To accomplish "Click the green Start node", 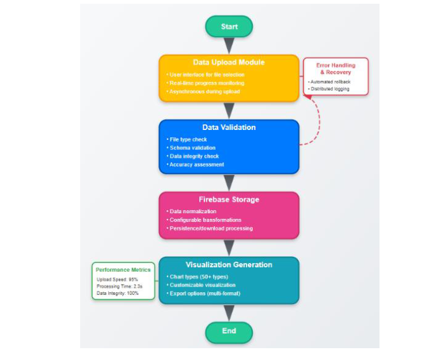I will [x=229, y=27].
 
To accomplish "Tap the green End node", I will [x=229, y=331].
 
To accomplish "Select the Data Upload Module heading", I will [x=229, y=63].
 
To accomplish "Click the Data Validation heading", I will [x=229, y=127].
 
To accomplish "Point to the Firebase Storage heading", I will [x=229, y=200].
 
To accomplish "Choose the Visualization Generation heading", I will [x=229, y=265].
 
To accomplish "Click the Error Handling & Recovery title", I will [x=335, y=68].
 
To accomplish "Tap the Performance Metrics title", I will [x=123, y=270].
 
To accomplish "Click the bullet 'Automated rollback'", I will [x=330, y=81].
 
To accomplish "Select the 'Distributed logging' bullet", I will [x=329, y=89].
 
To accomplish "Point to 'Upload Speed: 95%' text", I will [x=117, y=279].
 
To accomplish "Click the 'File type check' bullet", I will [x=188, y=139].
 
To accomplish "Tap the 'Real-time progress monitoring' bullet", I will [x=206, y=83].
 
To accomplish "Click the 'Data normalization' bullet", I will [x=193, y=211].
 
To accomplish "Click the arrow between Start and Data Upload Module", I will [x=229, y=46].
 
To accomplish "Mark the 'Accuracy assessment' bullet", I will [x=196, y=165].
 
